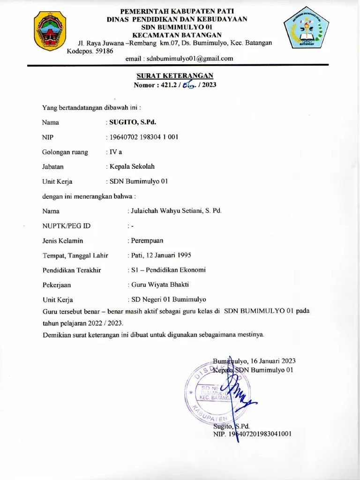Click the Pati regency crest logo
[51, 31]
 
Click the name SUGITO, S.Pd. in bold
[133, 123]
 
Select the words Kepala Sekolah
[132, 166]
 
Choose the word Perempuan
[147, 240]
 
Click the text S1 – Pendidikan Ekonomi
[168, 270]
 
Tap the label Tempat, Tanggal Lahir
[75, 255]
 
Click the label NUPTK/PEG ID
[66, 226]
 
